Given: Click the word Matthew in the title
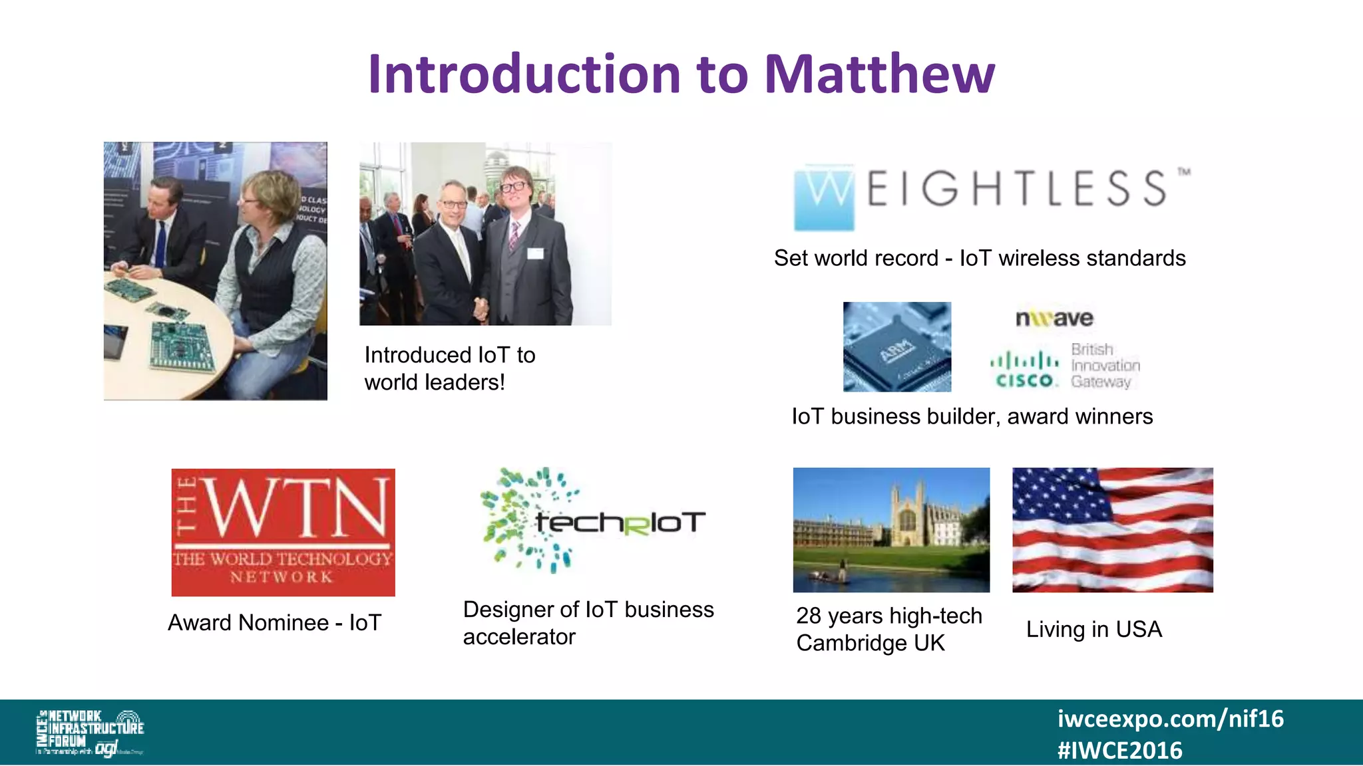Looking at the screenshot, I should click(880, 74).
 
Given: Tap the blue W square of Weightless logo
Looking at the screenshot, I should click(824, 198).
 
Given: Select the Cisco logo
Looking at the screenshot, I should click(1025, 370).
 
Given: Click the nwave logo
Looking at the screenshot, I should click(1054, 318).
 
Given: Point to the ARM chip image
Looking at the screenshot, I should click(896, 346).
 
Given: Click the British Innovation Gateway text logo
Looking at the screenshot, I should click(1105, 366).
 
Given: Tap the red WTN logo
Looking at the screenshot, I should click(283, 532).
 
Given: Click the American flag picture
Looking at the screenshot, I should click(1112, 530).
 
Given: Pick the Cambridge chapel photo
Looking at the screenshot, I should click(891, 530).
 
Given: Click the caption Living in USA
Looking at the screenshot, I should click(1093, 629).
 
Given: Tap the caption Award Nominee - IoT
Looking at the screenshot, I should click(274, 623).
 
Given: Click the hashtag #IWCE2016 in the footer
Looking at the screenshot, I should click(1119, 751).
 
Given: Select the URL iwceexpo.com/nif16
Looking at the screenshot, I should click(1170, 719).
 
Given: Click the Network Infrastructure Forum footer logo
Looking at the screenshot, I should click(90, 732).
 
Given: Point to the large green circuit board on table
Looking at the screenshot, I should click(181, 344).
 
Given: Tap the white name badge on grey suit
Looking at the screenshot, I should click(535, 253).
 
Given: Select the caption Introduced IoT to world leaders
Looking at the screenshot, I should click(449, 368).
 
